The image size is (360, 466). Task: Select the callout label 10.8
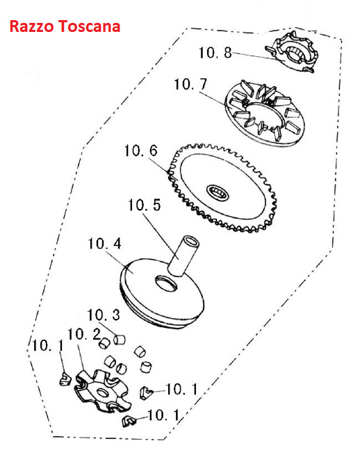(215, 53)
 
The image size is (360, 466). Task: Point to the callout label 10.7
(190, 84)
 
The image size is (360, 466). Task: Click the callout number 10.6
(140, 151)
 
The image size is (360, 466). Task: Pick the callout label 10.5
(145, 205)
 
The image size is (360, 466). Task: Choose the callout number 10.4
(105, 244)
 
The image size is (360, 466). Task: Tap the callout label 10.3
(104, 315)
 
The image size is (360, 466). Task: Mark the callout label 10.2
(84, 334)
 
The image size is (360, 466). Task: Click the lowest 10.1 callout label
(164, 415)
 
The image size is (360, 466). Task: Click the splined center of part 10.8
(297, 53)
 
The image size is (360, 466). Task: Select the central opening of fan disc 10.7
(263, 115)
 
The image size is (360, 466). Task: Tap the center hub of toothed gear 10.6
(218, 192)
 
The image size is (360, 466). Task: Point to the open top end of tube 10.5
(190, 241)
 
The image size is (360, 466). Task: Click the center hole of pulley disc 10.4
(165, 284)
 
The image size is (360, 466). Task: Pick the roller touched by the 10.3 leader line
(120, 340)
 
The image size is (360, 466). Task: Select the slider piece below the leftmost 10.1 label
(65, 379)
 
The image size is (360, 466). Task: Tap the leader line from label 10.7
(212, 99)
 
